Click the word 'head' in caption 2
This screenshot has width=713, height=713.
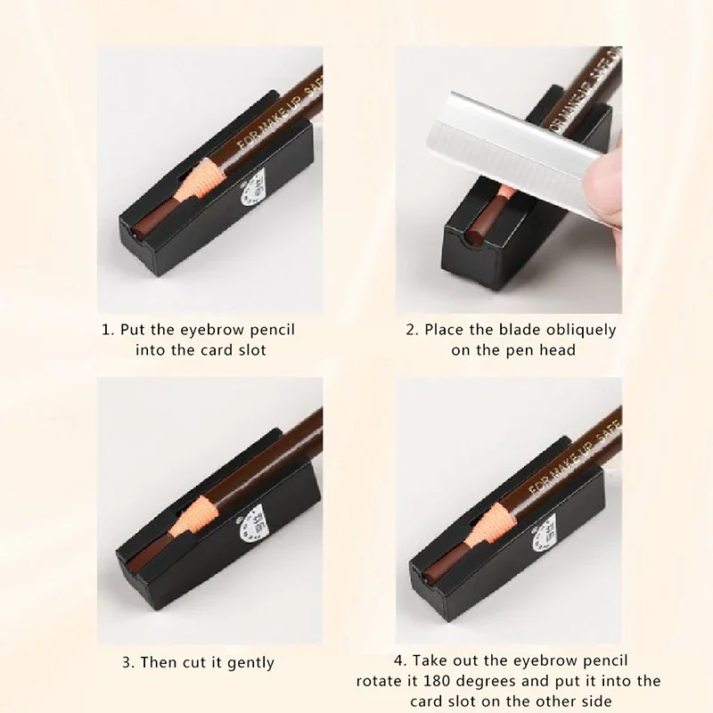point(557,350)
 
